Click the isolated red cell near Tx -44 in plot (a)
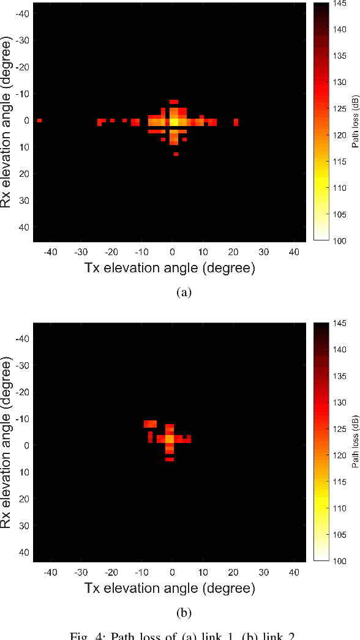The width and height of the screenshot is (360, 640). (39, 121)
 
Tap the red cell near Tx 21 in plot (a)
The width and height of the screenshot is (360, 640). (236, 122)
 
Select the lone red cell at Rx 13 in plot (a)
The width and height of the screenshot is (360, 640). (176, 154)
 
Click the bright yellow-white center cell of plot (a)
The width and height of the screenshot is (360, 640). (173, 122)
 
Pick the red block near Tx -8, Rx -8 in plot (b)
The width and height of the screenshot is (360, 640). (151, 424)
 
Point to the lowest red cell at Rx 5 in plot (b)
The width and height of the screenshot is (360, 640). (170, 459)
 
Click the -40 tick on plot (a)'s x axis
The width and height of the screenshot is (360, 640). (50, 252)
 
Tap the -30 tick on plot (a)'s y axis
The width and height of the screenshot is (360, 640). (23, 40)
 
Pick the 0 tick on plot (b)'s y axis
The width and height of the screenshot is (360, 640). (26, 445)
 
